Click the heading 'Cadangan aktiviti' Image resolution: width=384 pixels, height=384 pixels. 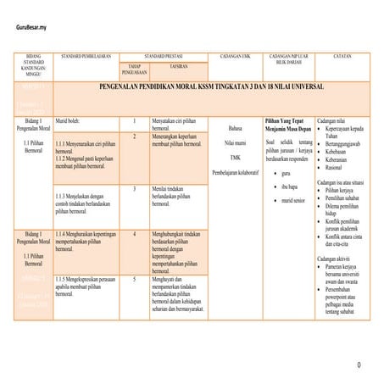pyautogui.click(x=333, y=257)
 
